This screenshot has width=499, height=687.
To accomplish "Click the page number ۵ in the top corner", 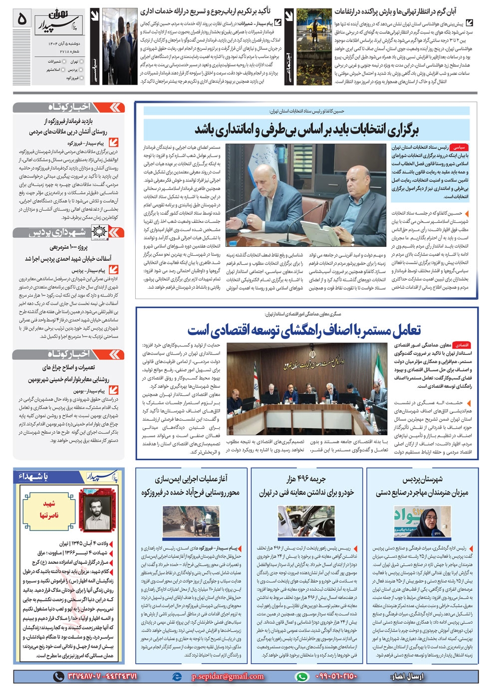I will pos(22,19).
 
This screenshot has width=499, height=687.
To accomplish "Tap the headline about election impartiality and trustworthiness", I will pos(306,129).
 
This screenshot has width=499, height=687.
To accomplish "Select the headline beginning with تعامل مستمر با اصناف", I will pos(304,330).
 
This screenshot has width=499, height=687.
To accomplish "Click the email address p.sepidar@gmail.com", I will pos(228,677).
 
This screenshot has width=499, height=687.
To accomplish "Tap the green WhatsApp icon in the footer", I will pos(301,677).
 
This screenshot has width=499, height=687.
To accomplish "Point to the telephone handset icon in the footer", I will pos(59,677).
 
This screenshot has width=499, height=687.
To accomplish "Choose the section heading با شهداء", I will pos(33,477).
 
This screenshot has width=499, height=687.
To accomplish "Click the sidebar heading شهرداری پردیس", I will pos(57,232).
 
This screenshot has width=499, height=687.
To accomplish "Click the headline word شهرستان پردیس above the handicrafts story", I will pos(423,479).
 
